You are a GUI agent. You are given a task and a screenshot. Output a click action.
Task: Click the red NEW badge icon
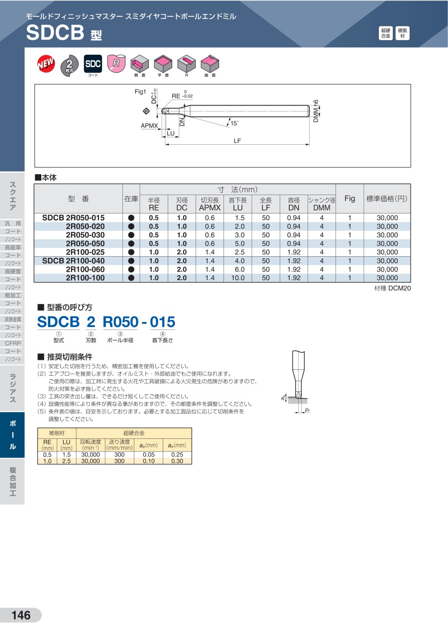pos(46,63)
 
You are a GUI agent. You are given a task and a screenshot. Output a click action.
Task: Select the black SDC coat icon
pos(93,64)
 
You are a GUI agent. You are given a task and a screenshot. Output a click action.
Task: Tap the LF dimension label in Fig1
pos(237,141)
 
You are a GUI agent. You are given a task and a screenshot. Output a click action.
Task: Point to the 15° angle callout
pos(234,123)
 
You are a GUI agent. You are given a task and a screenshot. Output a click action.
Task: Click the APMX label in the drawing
pos(149,125)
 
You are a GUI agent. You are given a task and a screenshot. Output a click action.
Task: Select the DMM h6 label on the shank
pos(316,111)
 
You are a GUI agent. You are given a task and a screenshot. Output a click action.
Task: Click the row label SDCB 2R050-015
pos(73,217)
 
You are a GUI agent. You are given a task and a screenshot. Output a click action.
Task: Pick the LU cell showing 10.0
pos(238,278)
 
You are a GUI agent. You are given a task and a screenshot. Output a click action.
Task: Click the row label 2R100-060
pos(85,269)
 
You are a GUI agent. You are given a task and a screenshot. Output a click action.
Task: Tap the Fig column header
pos(349,199)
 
